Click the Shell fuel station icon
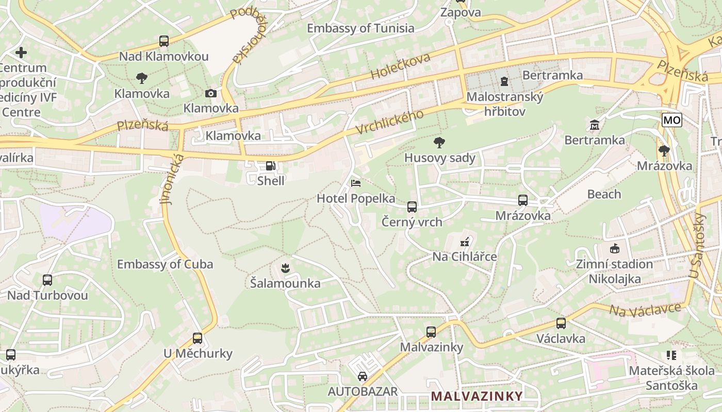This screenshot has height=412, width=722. (271, 166)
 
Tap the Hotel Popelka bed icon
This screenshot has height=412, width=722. (356, 183)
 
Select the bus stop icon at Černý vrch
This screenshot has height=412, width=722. (412, 207)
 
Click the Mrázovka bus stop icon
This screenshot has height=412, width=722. (523, 200)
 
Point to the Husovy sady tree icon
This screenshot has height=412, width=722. (439, 142)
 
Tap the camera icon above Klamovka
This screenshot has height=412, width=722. (210, 93)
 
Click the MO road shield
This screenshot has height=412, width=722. (672, 120)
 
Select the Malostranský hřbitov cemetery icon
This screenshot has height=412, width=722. (504, 81)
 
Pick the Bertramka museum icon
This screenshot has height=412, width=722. (594, 125)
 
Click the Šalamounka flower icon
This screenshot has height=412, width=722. (285, 268)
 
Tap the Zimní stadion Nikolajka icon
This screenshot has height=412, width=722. (614, 249)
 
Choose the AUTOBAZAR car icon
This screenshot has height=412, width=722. (363, 376)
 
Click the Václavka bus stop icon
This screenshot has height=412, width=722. (561, 323)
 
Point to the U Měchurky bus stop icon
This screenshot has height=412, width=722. (198, 338)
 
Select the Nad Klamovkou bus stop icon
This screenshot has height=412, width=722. (164, 41)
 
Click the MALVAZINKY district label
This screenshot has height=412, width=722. (477, 396)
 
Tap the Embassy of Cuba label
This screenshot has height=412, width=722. (165, 264)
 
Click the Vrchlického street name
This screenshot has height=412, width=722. (389, 123)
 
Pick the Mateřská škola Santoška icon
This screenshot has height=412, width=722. (671, 355)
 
